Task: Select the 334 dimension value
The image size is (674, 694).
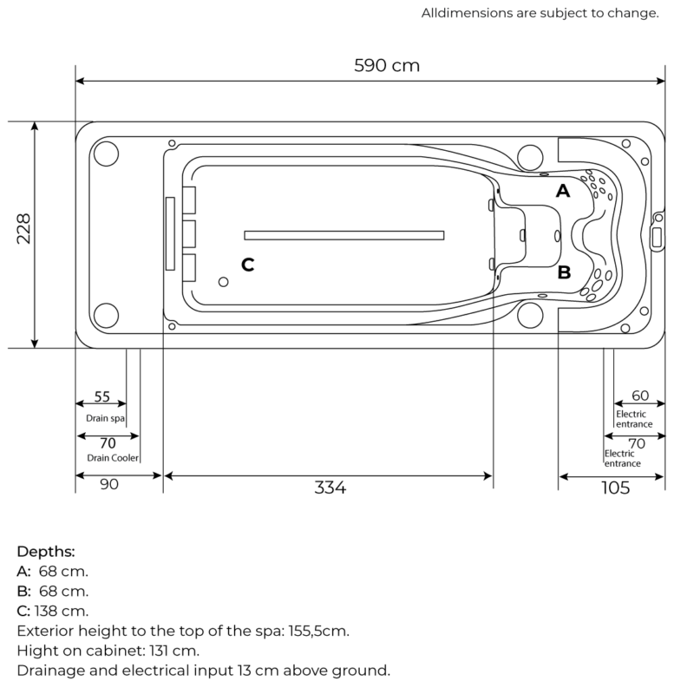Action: tap(330, 488)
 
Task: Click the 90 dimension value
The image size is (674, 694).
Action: tap(108, 485)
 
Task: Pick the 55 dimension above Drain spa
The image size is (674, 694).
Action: tap(101, 396)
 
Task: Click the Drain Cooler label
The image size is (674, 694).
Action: tap(112, 457)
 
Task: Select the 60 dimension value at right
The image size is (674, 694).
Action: tap(640, 396)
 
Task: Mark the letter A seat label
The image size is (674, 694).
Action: tap(563, 191)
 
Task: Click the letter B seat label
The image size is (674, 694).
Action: tap(564, 272)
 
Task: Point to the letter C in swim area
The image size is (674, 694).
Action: tap(247, 265)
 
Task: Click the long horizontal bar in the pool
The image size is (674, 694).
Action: tap(344, 234)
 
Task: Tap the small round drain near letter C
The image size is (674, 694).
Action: tap(223, 282)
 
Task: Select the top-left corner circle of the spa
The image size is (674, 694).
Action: tap(105, 154)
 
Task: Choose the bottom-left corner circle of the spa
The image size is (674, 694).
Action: tap(105, 316)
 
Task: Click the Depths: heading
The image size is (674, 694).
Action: tap(46, 552)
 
